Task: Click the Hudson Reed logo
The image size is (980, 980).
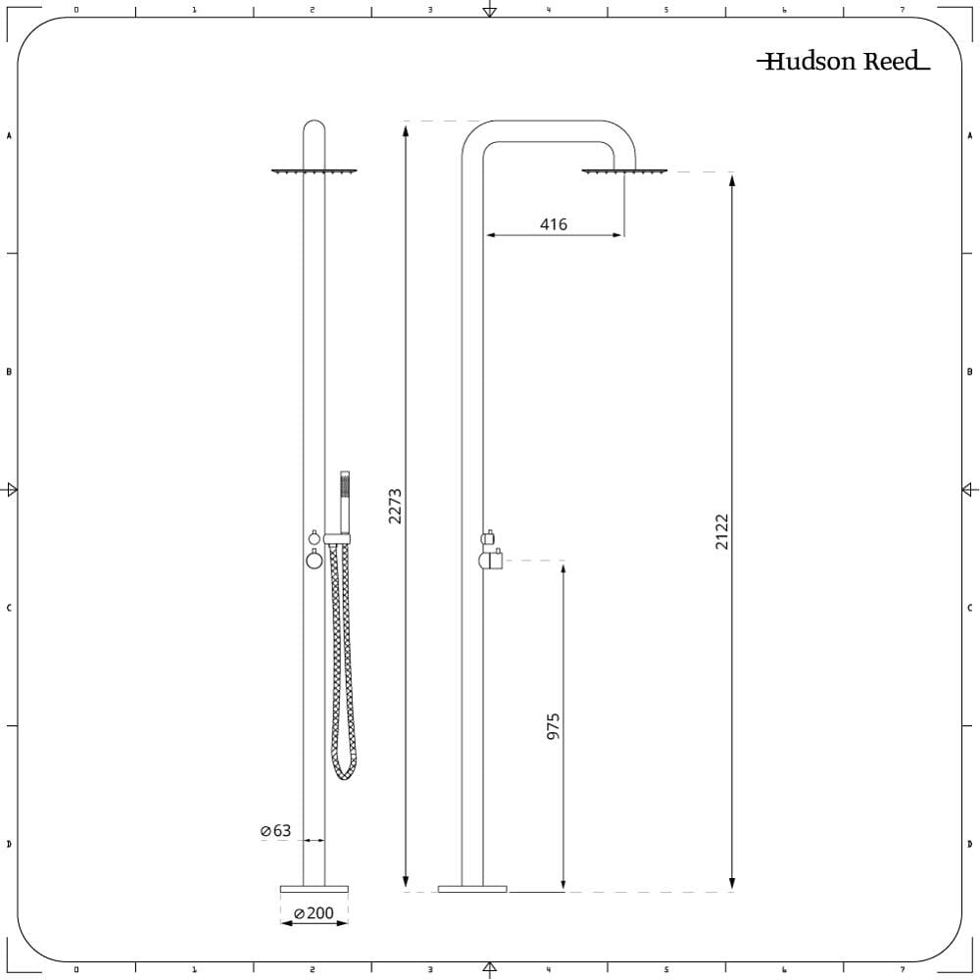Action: pos(843,61)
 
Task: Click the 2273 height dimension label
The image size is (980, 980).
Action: pos(395,507)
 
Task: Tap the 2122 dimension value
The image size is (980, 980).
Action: pos(722,532)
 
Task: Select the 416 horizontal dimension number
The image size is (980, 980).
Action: pos(553,223)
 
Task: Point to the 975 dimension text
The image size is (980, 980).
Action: pos(553,726)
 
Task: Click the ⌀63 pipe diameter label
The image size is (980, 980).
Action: pos(275,831)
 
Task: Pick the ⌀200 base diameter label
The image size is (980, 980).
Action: pos(314,913)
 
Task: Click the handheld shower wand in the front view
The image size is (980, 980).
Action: pos(344,503)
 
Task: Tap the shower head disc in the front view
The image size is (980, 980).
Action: pos(314,171)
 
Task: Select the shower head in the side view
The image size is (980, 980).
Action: pos(623,171)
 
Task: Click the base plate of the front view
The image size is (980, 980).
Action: pos(314,889)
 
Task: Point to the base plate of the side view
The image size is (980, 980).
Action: pos(472,889)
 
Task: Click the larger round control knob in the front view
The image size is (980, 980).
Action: pos(315,560)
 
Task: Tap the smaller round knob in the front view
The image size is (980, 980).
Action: pos(315,537)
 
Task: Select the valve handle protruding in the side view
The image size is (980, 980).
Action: pos(493,560)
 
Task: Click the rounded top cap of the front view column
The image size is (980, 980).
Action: pos(314,126)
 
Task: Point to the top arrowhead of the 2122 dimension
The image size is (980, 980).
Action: pos(732,180)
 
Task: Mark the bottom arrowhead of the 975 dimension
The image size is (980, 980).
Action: pos(563,883)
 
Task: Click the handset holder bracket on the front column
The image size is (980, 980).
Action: pos(337,539)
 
